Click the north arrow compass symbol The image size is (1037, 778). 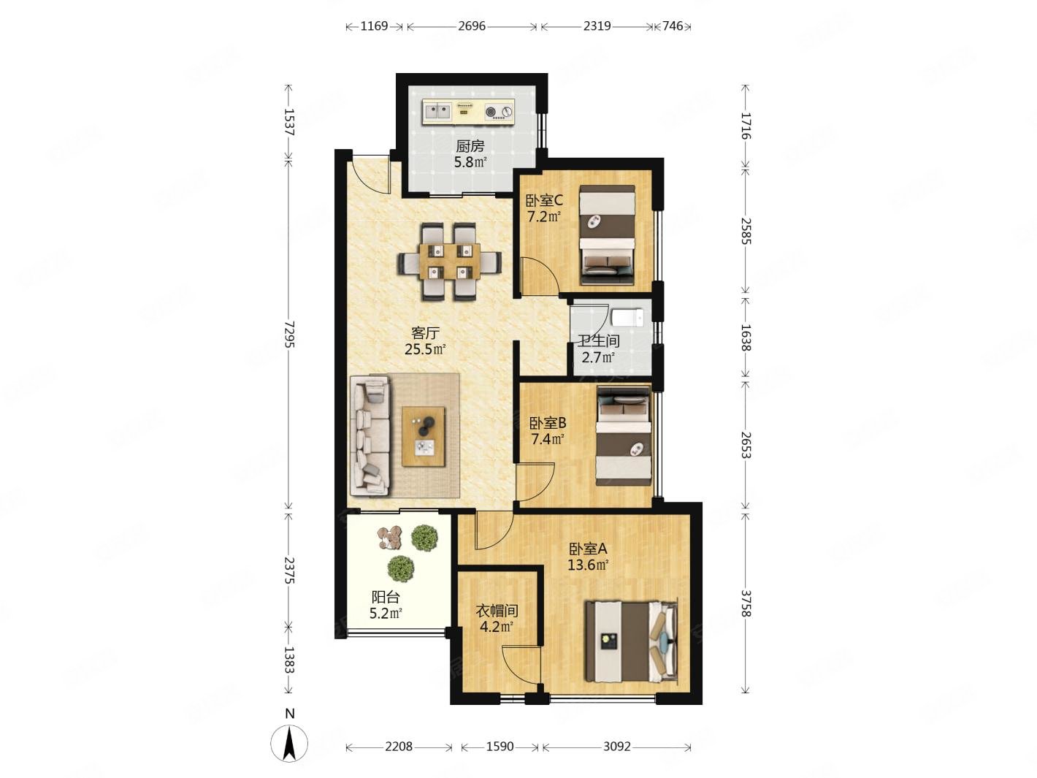point(289,744)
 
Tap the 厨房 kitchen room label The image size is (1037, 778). point(470,147)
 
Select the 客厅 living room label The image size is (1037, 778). point(425,333)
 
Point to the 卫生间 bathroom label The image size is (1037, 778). point(599,341)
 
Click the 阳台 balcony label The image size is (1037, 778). point(386,598)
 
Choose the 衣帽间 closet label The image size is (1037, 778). point(497,611)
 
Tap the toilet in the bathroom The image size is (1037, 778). point(627,318)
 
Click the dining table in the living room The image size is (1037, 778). point(450,262)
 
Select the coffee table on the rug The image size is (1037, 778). point(424,435)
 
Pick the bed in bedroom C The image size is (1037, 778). point(607,234)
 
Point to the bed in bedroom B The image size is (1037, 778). point(623,435)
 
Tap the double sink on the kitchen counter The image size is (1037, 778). point(437,112)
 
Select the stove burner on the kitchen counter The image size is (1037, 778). point(499,112)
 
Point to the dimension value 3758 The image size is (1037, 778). point(745,603)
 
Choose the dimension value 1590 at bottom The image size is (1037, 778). point(500,747)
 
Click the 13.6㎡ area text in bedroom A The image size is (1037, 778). point(588,565)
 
